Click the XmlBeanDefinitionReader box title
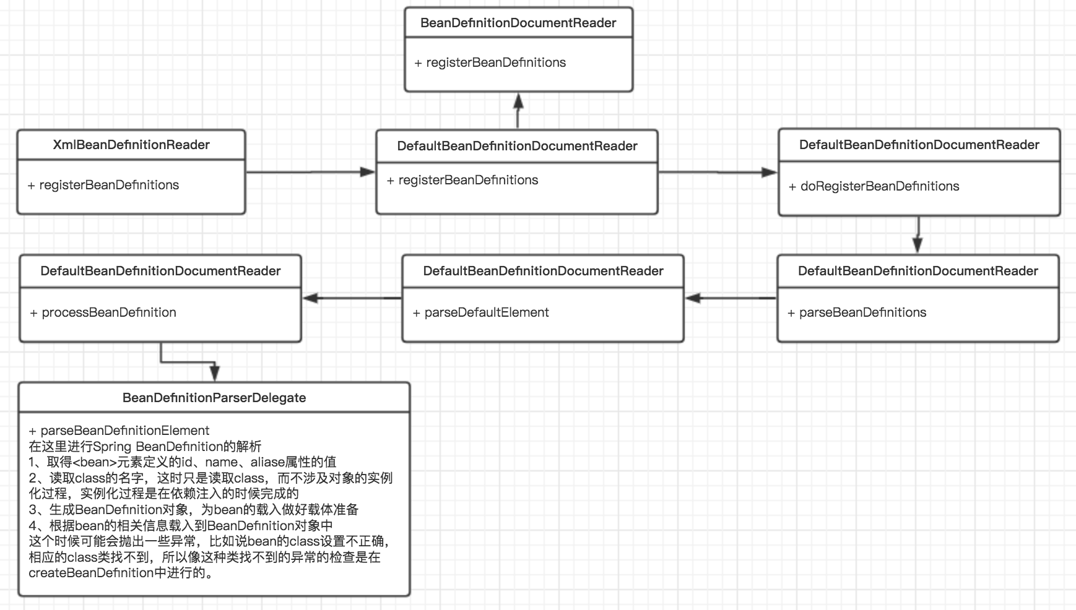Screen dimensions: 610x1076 [131, 145]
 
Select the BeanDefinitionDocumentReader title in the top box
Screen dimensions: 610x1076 [518, 23]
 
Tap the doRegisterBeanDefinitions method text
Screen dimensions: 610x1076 [879, 186]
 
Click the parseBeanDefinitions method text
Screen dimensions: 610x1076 [862, 312]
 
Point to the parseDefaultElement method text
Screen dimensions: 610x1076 [486, 312]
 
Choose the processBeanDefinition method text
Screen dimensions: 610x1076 [108, 312]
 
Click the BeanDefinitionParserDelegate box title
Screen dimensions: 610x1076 [214, 398]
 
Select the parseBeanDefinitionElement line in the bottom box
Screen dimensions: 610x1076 [124, 431]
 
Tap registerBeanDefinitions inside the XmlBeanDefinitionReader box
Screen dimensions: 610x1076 [109, 185]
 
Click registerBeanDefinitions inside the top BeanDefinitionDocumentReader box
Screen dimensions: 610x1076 [496, 62]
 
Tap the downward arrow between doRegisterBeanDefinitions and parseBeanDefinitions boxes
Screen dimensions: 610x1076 [918, 235]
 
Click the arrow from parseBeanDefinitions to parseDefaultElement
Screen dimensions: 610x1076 [731, 298]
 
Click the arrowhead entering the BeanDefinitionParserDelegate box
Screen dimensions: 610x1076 [214, 373]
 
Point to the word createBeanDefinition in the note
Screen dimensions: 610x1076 [90, 573]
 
